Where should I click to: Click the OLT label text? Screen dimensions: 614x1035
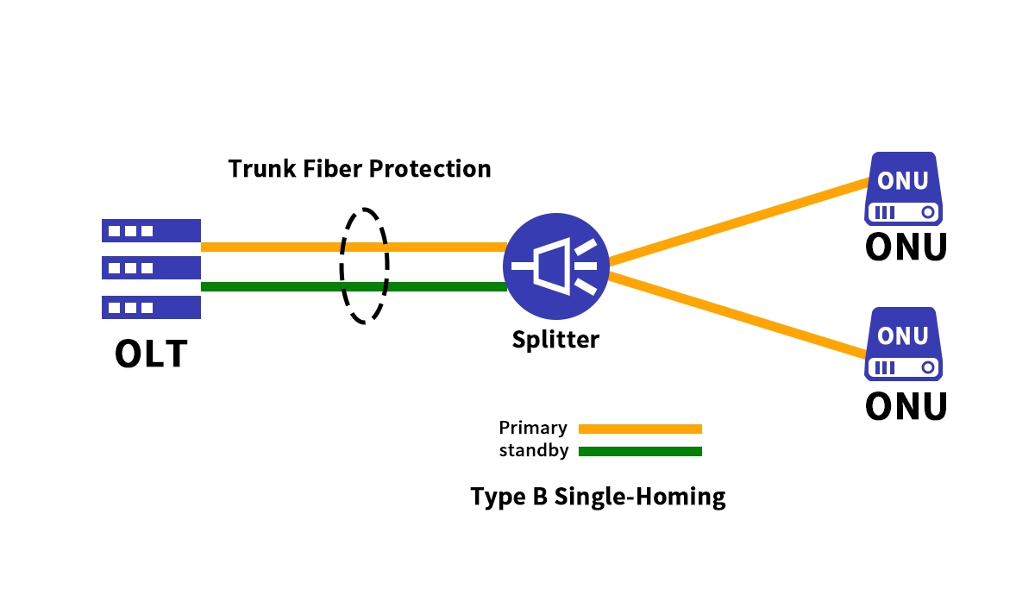coord(151,354)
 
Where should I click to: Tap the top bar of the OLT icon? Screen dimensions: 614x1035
coord(151,230)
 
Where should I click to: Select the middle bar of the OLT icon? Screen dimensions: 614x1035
coord(151,267)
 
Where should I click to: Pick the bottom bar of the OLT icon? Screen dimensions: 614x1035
coord(151,307)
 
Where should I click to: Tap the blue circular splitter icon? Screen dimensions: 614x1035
coord(556,266)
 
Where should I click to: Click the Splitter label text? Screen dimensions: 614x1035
coord(555,339)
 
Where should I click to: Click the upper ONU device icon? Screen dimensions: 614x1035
coord(903,189)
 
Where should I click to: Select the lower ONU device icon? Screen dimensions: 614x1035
coord(903,344)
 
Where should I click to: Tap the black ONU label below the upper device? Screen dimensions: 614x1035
coord(906,247)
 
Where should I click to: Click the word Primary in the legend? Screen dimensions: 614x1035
coord(533,428)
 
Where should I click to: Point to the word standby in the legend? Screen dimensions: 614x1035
coord(533,450)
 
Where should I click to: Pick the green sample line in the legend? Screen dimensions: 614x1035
coord(640,451)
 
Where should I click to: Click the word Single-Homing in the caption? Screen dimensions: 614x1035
coord(639,497)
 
